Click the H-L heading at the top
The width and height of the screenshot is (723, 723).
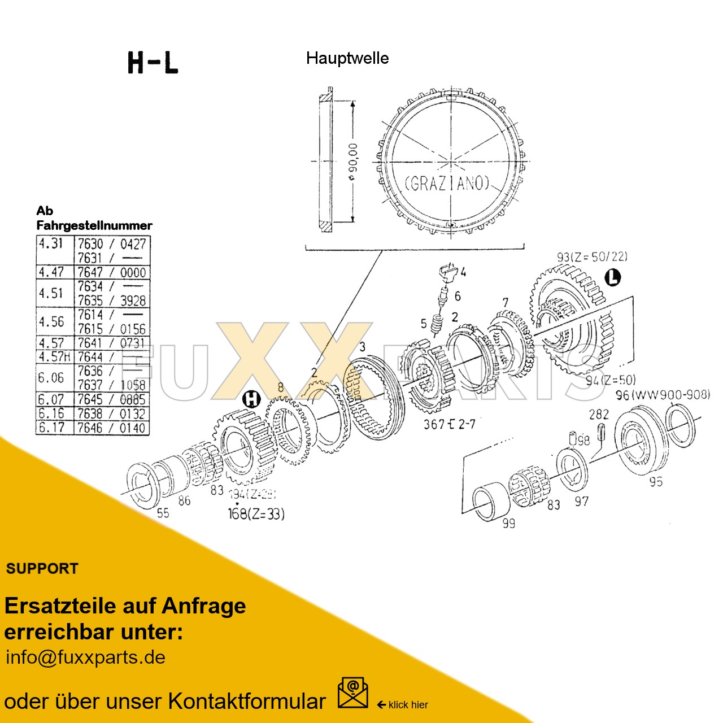click(153, 62)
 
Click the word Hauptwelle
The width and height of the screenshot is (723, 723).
click(347, 58)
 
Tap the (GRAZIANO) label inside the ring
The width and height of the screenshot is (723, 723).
click(446, 184)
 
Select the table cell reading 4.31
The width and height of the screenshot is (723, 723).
click(51, 243)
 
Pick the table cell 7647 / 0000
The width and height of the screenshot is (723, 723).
click(112, 272)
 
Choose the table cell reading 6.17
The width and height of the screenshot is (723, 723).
click(51, 428)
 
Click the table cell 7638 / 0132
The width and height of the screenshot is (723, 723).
click(112, 413)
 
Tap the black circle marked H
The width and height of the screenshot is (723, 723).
click(251, 400)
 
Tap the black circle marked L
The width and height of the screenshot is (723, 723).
click(612, 277)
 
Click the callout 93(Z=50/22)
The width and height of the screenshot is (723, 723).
click(591, 257)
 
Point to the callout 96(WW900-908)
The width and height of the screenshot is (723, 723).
click(663, 395)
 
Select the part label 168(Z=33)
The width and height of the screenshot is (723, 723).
click(256, 514)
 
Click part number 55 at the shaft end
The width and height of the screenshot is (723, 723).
click(163, 513)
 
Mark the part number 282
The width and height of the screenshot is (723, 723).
click(599, 414)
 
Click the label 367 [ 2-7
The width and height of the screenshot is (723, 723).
click(450, 424)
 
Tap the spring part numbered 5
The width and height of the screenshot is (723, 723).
click(436, 326)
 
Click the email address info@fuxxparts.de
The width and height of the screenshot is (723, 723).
click(85, 657)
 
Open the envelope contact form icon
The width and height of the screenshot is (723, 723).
click(352, 693)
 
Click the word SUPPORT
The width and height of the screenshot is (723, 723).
click(42, 569)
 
